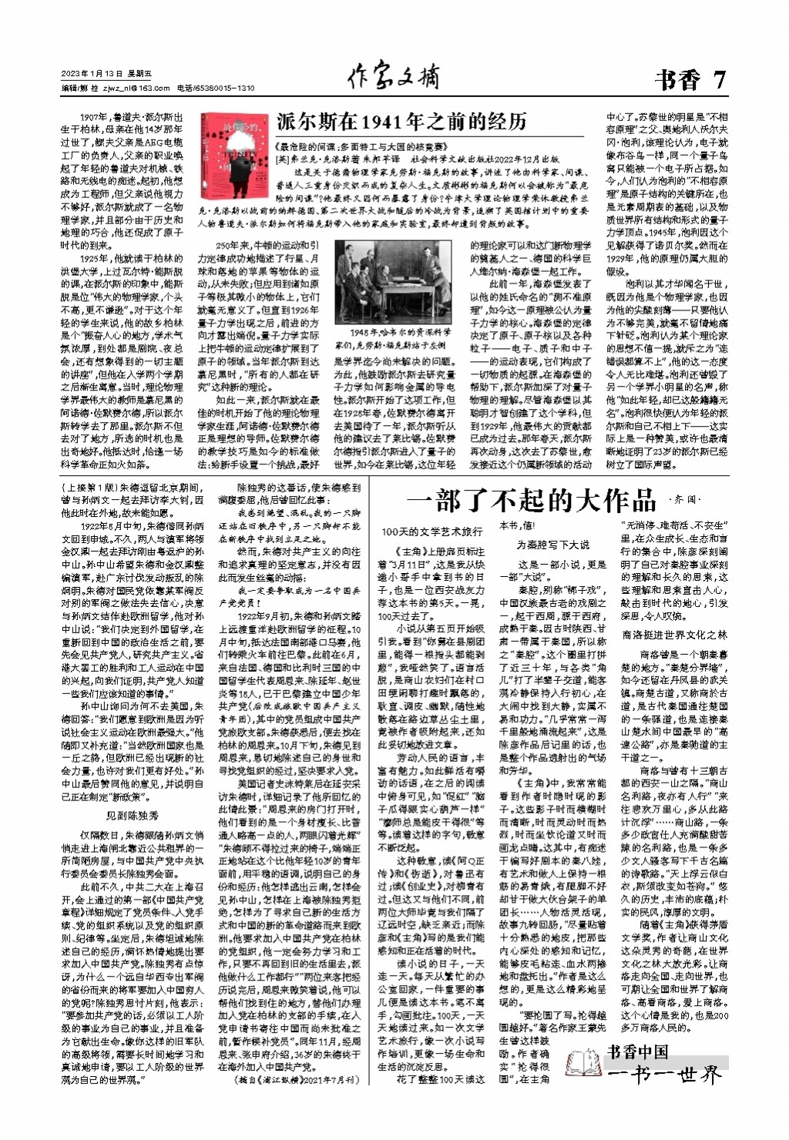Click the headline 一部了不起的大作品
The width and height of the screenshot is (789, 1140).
pyautogui.click(x=531, y=500)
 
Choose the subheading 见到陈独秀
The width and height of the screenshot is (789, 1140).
pyautogui.click(x=132, y=815)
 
